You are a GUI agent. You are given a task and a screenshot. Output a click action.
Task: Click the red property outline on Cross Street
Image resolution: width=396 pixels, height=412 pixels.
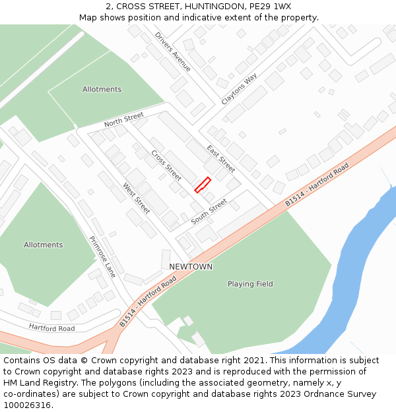(203, 185)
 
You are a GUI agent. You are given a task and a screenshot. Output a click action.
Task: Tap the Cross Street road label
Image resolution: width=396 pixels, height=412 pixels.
(166, 165)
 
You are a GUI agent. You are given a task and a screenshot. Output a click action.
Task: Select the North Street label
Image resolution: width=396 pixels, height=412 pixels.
(123, 120)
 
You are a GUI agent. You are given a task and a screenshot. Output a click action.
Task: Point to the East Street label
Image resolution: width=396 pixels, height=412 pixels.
(220, 158)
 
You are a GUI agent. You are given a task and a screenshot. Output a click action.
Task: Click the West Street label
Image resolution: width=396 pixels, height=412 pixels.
(137, 198)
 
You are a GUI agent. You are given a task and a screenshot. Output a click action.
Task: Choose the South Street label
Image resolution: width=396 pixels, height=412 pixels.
(209, 212)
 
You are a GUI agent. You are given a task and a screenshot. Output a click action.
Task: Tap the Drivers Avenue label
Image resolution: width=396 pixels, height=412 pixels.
(173, 51)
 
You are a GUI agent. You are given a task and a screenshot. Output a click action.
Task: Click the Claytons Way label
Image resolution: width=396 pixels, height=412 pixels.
(239, 90)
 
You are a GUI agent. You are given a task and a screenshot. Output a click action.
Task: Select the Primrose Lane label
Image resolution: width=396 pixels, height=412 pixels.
(102, 256)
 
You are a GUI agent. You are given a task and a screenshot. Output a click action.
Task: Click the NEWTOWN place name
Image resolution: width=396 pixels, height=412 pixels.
(191, 266)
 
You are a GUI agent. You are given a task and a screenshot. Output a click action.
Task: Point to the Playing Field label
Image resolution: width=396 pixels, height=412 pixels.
(250, 284)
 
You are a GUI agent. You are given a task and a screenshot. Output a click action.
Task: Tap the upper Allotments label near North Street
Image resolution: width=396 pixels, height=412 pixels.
(102, 89)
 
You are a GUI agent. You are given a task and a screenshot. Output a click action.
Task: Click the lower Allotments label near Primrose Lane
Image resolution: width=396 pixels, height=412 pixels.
(44, 245)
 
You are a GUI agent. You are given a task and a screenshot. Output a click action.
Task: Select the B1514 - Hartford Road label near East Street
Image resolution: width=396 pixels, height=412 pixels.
(317, 186)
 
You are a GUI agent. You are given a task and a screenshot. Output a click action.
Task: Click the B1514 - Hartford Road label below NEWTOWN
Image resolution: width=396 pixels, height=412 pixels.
(148, 302)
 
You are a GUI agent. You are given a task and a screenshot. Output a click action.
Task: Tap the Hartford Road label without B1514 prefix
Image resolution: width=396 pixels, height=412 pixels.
(51, 327)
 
